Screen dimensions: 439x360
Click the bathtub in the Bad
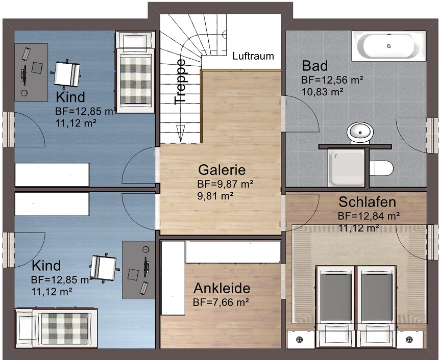click(389, 46)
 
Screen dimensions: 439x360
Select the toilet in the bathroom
click(381, 168)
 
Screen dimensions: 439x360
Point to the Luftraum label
click(253, 56)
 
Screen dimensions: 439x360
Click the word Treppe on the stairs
click(180, 82)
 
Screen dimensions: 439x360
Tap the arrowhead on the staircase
click(180, 134)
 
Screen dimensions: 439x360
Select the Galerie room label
click(222, 170)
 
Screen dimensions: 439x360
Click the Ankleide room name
click(222, 289)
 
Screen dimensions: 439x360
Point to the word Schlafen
click(368, 202)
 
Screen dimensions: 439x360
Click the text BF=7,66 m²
click(221, 302)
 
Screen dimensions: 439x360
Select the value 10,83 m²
click(323, 91)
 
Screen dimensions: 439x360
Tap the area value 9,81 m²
click(215, 196)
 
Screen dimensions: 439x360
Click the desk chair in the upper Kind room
click(66, 73)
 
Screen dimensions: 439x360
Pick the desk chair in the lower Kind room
click(104, 268)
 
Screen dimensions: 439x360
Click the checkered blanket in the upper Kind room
click(136, 80)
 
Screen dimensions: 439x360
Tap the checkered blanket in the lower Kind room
click(65, 328)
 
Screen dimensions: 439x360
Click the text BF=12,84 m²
click(369, 216)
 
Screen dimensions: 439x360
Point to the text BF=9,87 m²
click(226, 184)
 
